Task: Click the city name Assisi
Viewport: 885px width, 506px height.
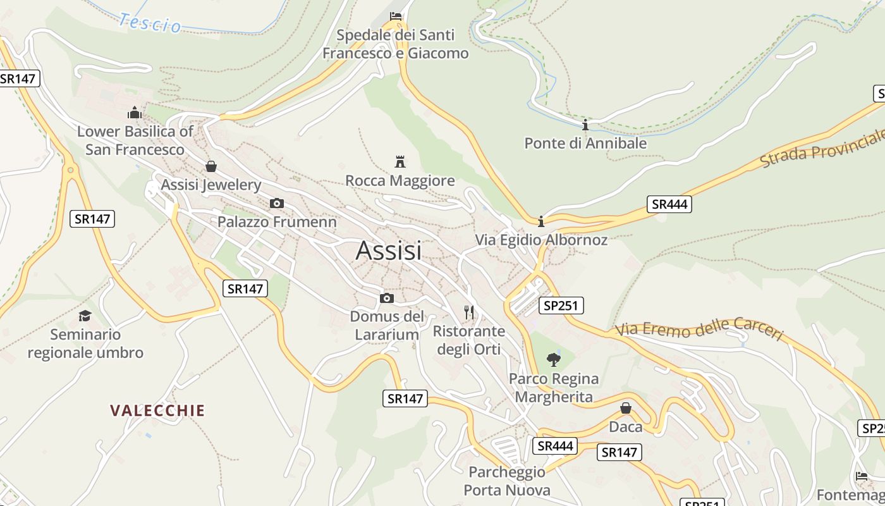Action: point(388,251)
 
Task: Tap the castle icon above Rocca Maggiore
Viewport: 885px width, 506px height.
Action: point(400,161)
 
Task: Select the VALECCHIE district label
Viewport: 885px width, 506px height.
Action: point(157,410)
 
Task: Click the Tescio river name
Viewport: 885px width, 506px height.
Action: point(150,23)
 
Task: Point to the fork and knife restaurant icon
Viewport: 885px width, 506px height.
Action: point(469,312)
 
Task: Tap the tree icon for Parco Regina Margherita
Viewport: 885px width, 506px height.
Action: point(554,360)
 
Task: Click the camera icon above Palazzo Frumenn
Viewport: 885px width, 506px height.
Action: point(277,203)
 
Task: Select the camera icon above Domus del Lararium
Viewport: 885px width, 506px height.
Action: point(387,298)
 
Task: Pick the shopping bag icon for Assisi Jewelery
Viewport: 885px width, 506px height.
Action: point(211,166)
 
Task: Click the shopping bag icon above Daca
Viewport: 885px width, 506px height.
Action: point(626,408)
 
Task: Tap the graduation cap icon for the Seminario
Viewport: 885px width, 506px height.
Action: point(85,316)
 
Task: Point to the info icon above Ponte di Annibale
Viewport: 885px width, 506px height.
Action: point(585,125)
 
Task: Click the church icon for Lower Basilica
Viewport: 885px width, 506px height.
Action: point(135,113)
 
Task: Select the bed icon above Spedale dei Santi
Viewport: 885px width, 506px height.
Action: point(396,16)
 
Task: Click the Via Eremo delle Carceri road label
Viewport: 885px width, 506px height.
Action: point(699,330)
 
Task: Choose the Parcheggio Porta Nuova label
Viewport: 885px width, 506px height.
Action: point(507,481)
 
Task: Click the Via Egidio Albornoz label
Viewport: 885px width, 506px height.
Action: point(541,240)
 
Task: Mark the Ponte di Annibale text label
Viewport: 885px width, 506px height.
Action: point(585,143)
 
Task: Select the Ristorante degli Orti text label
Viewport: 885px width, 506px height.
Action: point(468,340)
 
